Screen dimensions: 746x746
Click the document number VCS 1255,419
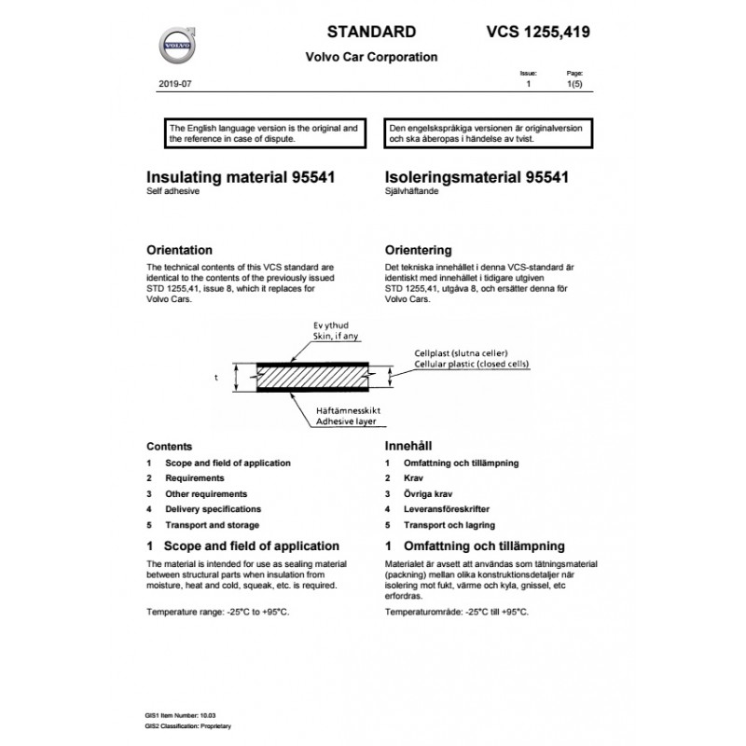click(538, 32)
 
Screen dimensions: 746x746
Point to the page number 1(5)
click(574, 84)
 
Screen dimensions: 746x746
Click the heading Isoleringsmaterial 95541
click(477, 175)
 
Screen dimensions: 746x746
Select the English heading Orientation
click(180, 250)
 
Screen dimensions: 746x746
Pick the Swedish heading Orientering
click(418, 250)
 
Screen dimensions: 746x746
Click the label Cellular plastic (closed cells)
click(473, 365)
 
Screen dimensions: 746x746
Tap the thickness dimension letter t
click(215, 379)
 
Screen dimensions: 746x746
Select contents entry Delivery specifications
click(213, 509)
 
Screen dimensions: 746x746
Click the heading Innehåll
click(408, 447)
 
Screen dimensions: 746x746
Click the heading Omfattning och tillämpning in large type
click(484, 546)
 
